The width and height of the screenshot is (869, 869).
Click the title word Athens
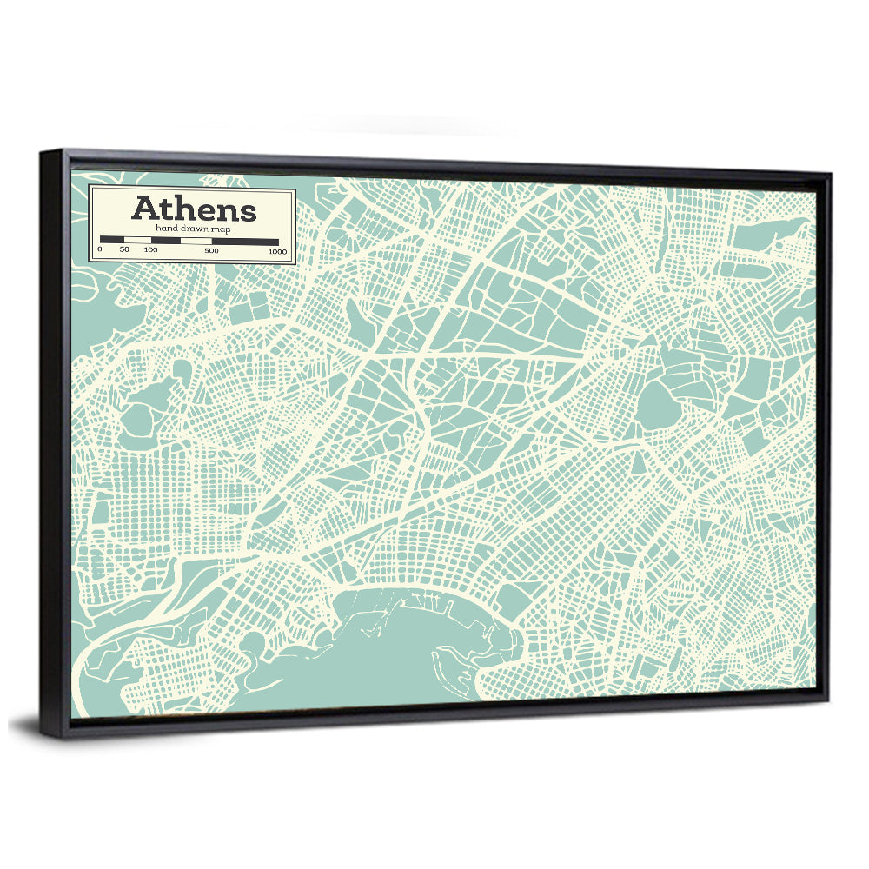(194, 209)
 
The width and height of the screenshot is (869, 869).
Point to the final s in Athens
(249, 211)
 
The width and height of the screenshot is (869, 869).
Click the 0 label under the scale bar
(100, 250)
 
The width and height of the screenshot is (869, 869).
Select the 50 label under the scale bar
(124, 250)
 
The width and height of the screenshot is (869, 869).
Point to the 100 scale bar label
(150, 250)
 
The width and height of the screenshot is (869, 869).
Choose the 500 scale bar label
(211, 250)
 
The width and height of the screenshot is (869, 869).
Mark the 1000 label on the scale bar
(277, 251)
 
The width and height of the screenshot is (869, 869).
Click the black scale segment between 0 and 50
(112, 240)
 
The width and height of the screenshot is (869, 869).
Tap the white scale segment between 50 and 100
(137, 240)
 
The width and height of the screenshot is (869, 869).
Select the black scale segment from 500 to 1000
(245, 241)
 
